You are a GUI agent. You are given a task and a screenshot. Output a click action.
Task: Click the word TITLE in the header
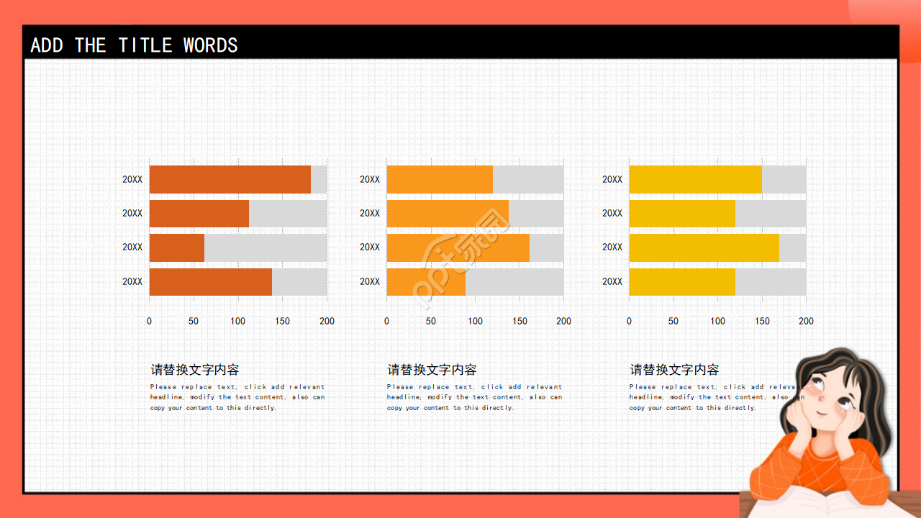145,45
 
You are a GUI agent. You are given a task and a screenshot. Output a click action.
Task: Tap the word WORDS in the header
210,45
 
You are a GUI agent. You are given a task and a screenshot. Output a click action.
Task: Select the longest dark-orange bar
230,179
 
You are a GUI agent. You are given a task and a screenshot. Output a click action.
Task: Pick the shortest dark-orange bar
176,247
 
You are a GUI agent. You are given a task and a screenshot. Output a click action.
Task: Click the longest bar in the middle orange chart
458,247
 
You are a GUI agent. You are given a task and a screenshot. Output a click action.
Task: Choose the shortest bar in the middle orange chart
426,281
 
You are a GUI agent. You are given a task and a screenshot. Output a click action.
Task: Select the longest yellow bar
704,247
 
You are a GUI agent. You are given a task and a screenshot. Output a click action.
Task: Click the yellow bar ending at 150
695,179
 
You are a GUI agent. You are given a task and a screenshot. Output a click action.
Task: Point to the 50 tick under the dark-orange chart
194,321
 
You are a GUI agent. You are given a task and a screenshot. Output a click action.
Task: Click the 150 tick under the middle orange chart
520,321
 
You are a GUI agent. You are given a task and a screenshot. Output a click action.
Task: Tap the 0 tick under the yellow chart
629,321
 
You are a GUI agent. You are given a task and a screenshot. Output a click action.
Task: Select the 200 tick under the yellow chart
806,321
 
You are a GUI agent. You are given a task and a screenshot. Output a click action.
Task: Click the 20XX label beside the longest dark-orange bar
132,179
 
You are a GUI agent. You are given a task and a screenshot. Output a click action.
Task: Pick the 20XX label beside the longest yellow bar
612,247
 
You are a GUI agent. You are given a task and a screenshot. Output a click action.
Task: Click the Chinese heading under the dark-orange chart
194,370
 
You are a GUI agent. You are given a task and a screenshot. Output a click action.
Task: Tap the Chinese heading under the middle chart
432,370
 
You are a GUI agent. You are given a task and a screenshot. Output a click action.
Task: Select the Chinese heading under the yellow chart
674,370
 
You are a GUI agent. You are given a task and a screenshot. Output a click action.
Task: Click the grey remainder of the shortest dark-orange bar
266,247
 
